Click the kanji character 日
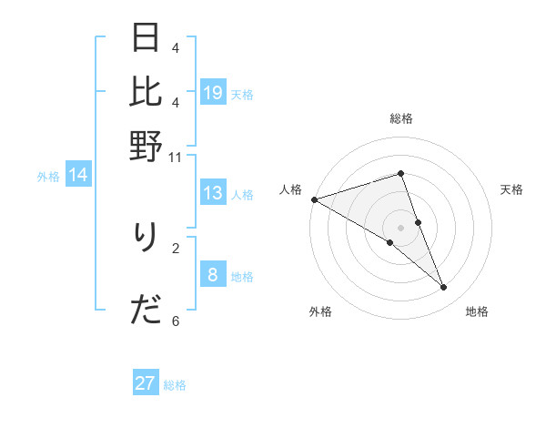146,38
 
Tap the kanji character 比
146,91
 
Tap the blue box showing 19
213,93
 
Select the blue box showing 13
213,193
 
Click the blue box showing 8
213,275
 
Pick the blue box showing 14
78,176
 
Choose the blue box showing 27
146,383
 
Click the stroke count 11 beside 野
175,157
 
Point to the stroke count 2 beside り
176,247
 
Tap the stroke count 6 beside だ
176,321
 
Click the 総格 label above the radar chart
401,118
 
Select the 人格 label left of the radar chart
290,189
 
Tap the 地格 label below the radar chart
477,311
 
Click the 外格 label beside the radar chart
320,311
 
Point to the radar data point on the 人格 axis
314,199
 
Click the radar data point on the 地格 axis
444,287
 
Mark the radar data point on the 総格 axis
401,173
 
